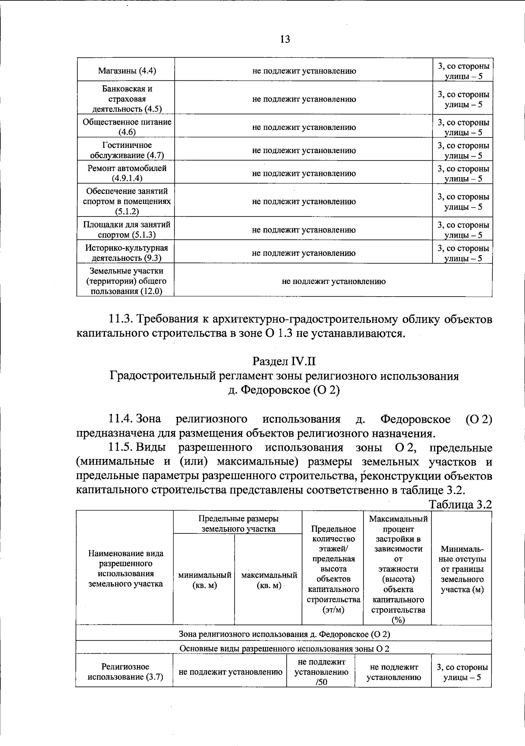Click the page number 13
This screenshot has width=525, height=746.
pos(284,39)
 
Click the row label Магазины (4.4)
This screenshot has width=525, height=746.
pos(126,71)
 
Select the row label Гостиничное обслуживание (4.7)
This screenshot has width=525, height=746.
pos(126,150)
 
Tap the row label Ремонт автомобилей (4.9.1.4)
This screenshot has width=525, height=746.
pos(126,173)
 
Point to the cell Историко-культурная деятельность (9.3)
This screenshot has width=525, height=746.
pos(126,253)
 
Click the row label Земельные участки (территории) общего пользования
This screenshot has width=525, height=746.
pos(126,281)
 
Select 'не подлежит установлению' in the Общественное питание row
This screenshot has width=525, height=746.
pos(304,127)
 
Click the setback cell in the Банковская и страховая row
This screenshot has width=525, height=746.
pos(463,99)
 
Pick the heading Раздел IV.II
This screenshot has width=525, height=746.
pos(284,362)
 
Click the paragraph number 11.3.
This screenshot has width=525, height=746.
pos(121,319)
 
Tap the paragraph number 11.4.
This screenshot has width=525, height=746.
pos(121,419)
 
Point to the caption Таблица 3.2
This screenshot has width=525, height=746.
pos(460,504)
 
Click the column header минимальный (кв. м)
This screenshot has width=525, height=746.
pos(204,580)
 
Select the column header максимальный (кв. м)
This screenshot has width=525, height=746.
pos(269,580)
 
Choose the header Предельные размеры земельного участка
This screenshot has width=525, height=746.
pos(238,524)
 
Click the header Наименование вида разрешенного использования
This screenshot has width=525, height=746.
pos(126,568)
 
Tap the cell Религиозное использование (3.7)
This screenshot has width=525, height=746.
pos(125,672)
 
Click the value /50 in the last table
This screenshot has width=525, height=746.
pos(322,682)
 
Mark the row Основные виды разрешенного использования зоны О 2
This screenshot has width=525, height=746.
pos(284,649)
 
